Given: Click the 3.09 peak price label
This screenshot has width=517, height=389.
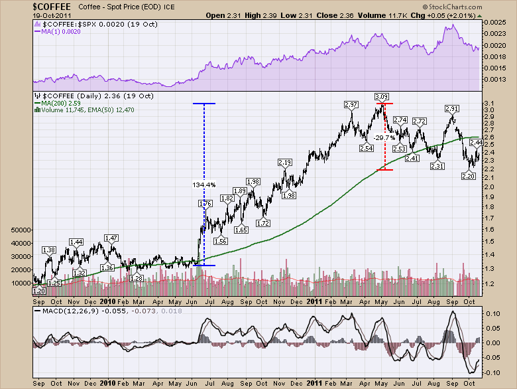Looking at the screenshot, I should [x=381, y=97].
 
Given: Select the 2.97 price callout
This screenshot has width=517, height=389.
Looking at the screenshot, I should [x=351, y=105].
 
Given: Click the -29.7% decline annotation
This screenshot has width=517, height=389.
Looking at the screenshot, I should [x=383, y=137].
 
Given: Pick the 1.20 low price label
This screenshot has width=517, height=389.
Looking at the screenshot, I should [x=38, y=291].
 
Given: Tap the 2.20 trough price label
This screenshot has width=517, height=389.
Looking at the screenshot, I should [x=467, y=175].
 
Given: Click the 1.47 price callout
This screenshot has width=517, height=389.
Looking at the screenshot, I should [x=111, y=238].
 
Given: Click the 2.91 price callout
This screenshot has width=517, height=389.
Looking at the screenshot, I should [x=451, y=108].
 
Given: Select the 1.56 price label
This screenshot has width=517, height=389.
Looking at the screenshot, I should [x=220, y=242].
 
